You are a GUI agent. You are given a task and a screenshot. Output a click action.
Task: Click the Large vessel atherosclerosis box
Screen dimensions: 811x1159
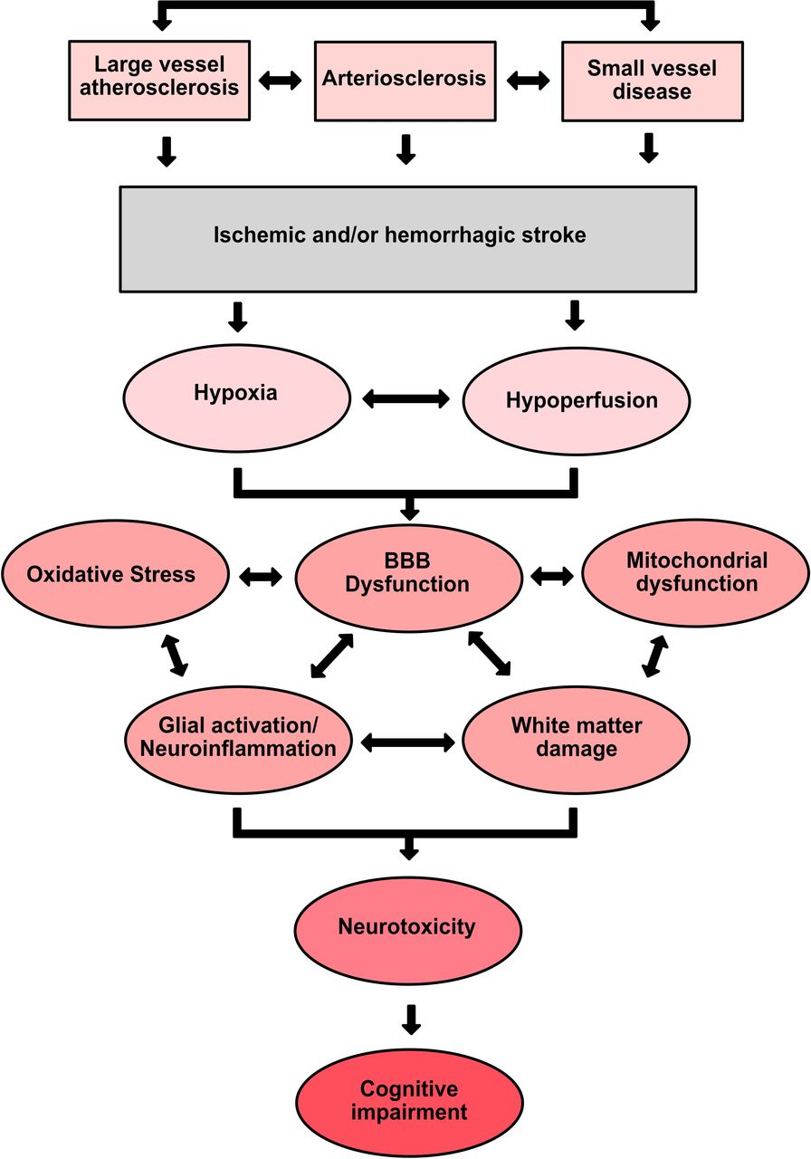point(159,81)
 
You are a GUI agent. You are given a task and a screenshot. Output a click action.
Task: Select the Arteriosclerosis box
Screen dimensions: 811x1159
point(405,81)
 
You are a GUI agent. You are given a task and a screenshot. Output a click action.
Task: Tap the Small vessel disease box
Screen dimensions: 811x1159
point(653,81)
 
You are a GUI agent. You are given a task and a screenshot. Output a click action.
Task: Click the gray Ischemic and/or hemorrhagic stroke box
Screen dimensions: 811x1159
point(408,239)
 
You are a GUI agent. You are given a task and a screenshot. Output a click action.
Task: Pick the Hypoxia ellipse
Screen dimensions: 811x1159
point(237,398)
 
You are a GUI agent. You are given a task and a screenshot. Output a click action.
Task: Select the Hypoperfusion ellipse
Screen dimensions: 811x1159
point(577,401)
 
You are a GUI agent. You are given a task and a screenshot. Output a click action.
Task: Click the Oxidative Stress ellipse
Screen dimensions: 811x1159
point(115,573)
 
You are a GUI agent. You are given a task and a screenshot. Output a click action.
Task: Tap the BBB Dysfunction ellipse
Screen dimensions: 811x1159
point(408,578)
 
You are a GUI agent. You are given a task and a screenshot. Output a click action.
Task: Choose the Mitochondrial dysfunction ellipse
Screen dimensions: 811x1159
point(696,573)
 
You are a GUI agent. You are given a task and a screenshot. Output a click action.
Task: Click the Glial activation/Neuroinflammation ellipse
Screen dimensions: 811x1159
point(238,740)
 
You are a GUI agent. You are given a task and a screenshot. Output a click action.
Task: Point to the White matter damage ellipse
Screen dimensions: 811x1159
point(577,740)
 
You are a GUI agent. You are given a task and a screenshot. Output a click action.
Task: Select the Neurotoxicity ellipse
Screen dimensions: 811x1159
point(408,930)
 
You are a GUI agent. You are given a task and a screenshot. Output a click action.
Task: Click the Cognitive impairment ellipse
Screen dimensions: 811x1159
point(410,1103)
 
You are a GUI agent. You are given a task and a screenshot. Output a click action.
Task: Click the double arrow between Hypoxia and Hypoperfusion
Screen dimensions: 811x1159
point(406,399)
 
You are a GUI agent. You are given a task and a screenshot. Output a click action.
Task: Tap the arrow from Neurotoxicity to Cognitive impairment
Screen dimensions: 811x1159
point(411,1020)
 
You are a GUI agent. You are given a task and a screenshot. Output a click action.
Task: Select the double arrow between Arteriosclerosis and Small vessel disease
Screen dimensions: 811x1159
point(528,81)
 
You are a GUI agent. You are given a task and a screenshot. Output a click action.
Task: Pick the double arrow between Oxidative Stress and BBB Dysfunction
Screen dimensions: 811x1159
point(261,577)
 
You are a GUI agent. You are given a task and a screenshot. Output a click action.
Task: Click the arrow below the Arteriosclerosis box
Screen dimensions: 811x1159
point(406,149)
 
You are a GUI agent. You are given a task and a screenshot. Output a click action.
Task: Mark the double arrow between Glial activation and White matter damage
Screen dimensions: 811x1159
point(407,743)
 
